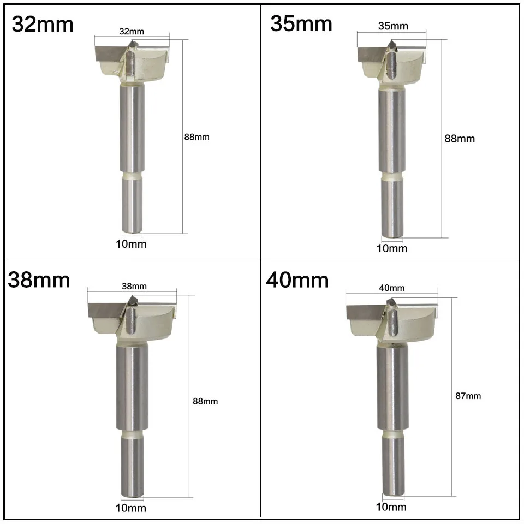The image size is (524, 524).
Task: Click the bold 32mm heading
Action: point(43,25)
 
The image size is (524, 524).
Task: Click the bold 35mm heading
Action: point(301,23)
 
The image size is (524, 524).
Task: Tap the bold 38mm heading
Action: point(39,280)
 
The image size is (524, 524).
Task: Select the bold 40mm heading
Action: point(297,280)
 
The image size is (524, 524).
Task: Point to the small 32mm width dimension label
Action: point(132,32)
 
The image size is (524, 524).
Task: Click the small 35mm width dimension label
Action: point(394,26)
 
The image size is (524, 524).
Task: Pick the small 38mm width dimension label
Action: point(134,287)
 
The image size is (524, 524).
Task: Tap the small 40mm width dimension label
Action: point(392,288)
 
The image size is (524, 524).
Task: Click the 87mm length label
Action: point(468,396)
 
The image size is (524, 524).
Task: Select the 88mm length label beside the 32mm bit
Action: point(197,137)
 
